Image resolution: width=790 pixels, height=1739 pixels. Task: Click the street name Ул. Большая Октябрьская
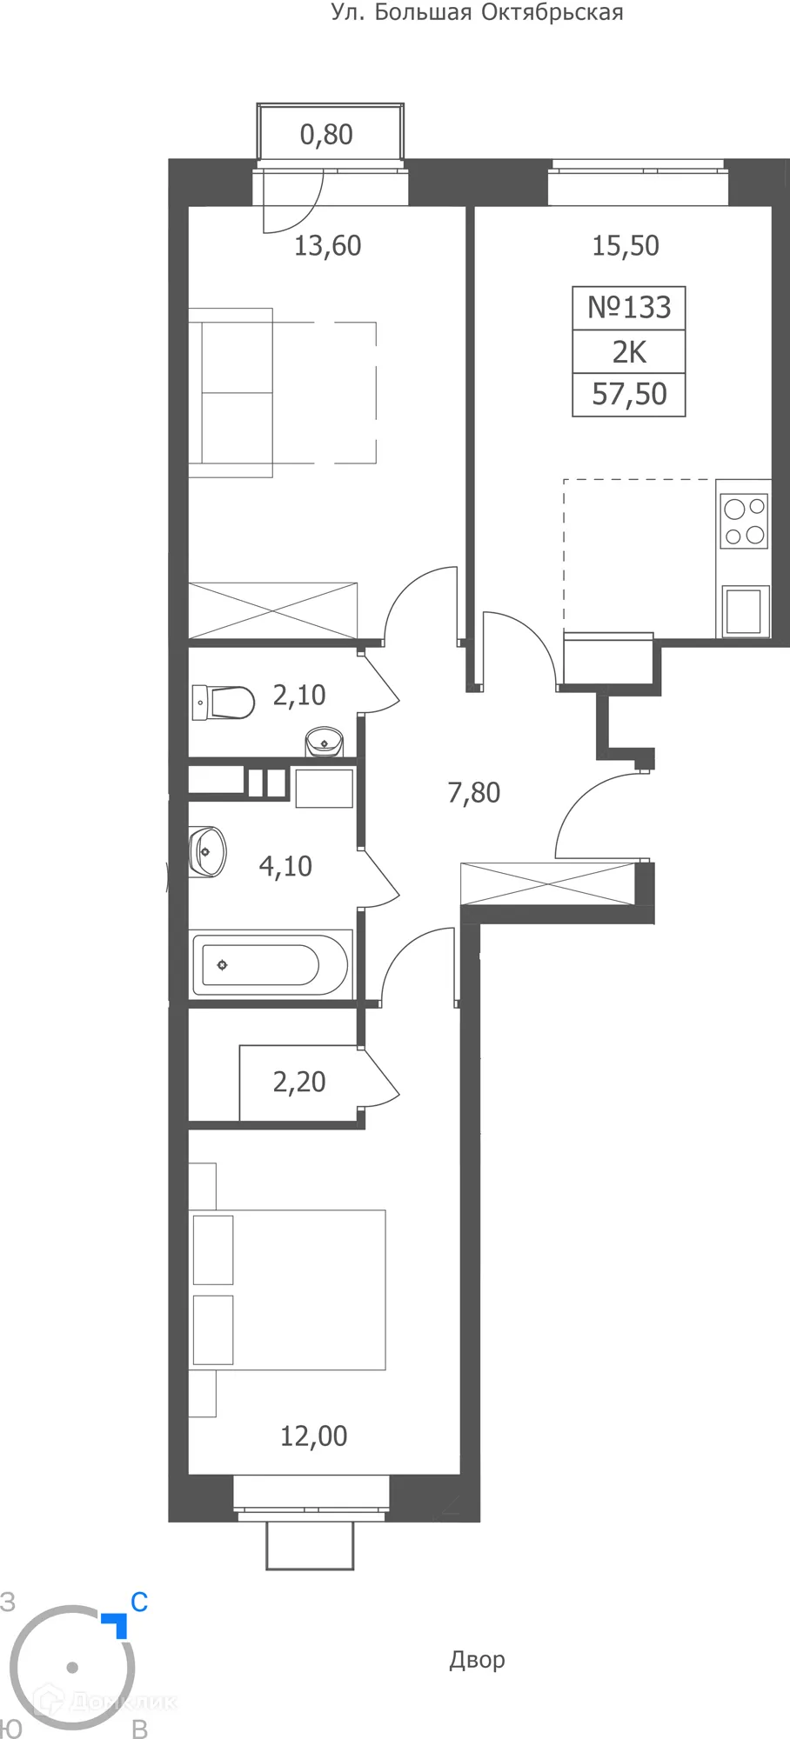477,13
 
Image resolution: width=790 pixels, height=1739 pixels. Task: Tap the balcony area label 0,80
326,135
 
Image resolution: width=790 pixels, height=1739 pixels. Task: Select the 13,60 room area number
327,246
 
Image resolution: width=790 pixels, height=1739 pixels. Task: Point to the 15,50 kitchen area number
626,246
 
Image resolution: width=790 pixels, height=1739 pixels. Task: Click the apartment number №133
629,308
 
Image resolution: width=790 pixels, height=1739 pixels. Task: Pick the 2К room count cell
629,352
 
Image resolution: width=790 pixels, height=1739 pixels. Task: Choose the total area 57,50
629,395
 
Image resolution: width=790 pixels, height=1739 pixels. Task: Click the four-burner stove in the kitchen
745,521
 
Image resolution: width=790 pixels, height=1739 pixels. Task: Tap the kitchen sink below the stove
744,610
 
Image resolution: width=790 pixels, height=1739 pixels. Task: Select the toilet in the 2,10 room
224,702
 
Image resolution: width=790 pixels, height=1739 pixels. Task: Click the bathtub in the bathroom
270,965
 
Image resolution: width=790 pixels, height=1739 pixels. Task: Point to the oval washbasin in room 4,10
208,851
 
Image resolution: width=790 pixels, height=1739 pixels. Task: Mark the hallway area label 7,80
474,793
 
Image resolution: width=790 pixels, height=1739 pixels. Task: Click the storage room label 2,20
299,1082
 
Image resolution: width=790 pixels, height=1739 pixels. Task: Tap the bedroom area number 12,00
313,1436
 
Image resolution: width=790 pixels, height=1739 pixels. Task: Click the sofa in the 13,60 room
231,392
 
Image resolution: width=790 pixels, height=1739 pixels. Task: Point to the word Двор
477,1660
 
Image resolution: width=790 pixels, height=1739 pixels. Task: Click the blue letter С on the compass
139,1602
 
